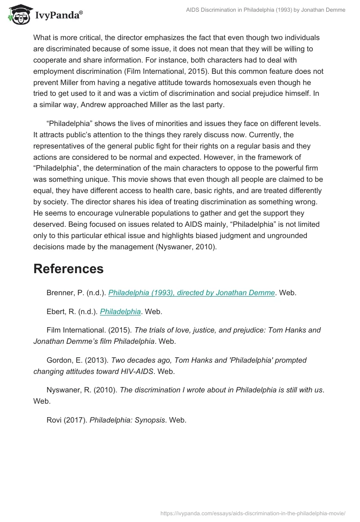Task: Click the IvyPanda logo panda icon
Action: point(19,15)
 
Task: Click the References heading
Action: point(68,269)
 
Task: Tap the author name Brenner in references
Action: point(61,292)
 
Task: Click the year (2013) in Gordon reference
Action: point(98,360)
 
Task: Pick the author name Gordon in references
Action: point(60,360)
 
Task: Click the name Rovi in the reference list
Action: point(55,420)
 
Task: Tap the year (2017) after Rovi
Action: point(76,420)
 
